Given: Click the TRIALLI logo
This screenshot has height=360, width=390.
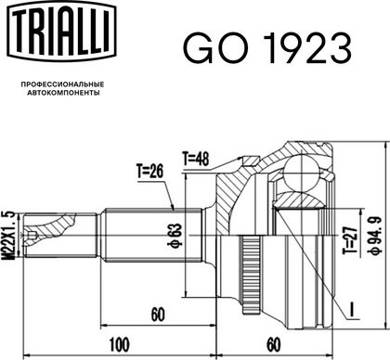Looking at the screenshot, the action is click(61, 32).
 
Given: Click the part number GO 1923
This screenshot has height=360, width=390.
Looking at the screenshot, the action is click(267, 48).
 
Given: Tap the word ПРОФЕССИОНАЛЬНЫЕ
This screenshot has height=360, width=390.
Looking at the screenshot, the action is click(62, 84).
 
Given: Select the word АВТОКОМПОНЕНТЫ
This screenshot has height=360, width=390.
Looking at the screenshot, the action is click(63, 93).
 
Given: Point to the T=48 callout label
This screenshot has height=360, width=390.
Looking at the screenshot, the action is click(195, 160).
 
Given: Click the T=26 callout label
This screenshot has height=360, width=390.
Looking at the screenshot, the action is click(149, 171).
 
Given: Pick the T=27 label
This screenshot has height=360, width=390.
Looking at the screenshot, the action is click(350, 240).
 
